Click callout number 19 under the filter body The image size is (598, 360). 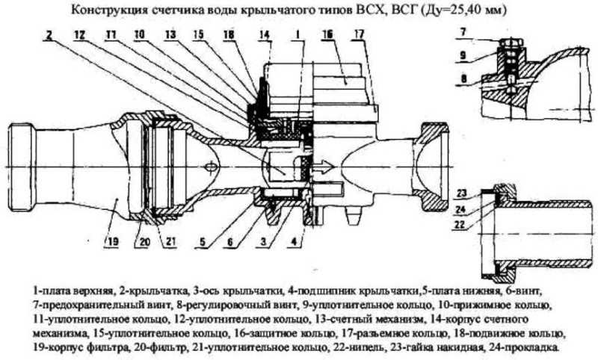113,241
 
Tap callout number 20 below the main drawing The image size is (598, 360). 141,242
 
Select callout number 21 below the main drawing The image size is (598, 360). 170,242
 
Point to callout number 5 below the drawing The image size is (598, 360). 203,242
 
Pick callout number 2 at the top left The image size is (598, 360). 49,34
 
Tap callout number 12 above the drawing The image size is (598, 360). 80,34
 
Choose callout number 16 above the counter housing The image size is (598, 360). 327,34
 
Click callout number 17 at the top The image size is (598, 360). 359,34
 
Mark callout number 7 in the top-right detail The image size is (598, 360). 463,31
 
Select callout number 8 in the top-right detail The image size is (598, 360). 463,79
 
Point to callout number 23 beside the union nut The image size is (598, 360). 462,193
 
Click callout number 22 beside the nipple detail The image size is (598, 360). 460,225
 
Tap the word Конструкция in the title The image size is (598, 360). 108,10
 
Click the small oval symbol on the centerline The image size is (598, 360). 211,167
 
